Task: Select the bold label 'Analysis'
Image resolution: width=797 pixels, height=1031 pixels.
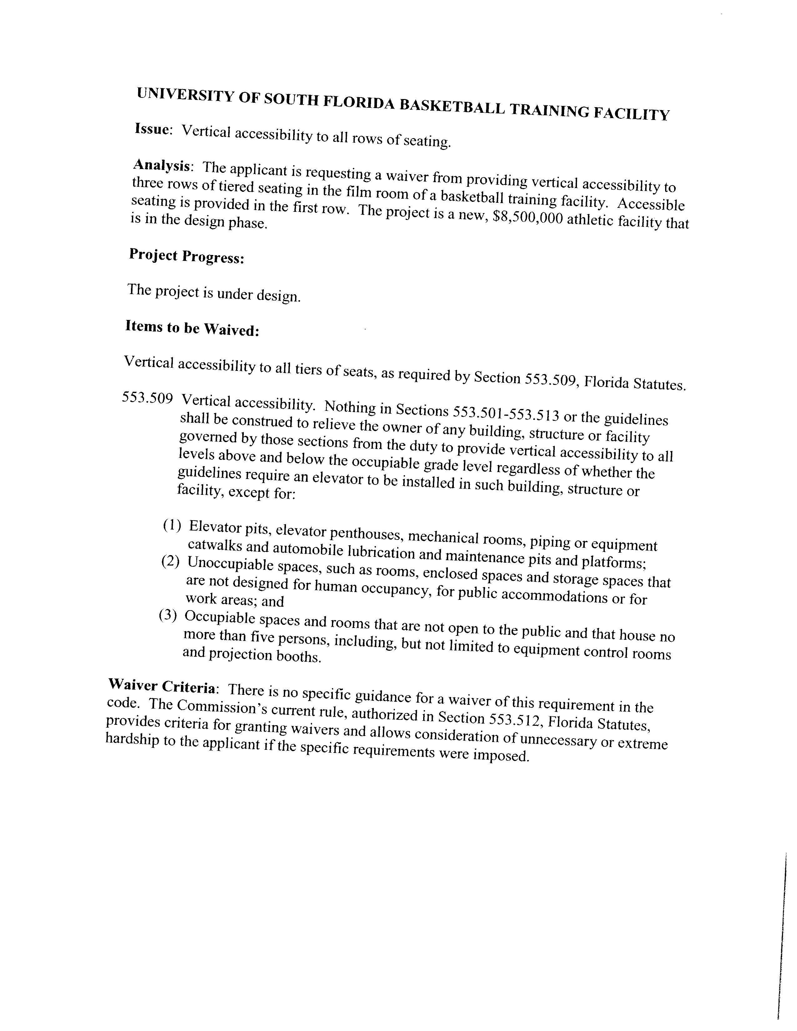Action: [x=162, y=166]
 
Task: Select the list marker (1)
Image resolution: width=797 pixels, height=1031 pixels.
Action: [x=172, y=525]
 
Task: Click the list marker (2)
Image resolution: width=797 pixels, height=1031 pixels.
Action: [x=170, y=561]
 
